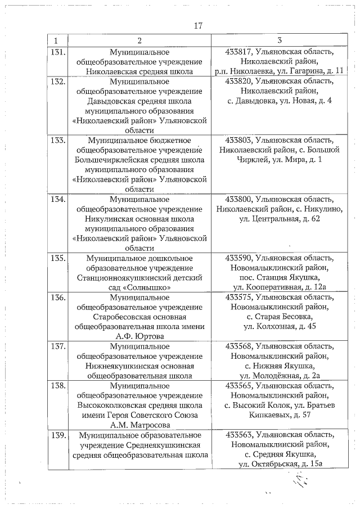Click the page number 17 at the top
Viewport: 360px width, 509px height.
197,26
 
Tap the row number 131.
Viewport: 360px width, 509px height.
57,52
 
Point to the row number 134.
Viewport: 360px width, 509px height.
57,199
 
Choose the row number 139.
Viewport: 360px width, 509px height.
57,435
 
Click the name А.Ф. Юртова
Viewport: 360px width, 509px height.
139,336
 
